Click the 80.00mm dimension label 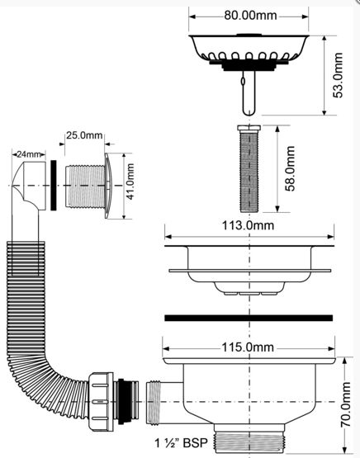(x=250, y=16)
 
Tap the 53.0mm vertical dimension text (x=338, y=75)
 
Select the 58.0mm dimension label (x=290, y=168)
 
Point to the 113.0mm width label (x=248, y=225)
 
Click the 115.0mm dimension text (x=248, y=347)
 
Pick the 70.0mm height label (x=346, y=404)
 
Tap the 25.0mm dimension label (x=84, y=135)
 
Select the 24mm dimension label (x=28, y=154)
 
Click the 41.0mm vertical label (x=130, y=182)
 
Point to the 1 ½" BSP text (x=181, y=443)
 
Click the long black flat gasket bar (x=249, y=318)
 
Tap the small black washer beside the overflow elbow (x=54, y=185)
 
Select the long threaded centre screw (x=249, y=168)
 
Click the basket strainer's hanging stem (x=249, y=92)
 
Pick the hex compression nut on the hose (x=101, y=402)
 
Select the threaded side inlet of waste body (x=154, y=402)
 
